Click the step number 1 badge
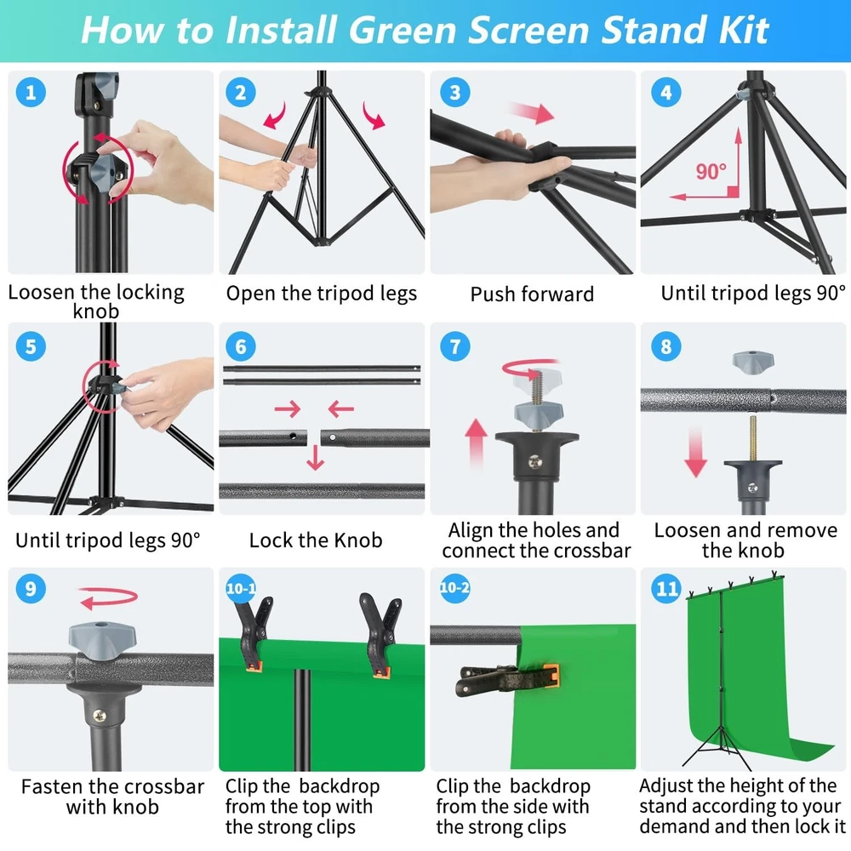point(31,92)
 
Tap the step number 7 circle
point(454,346)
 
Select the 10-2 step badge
point(454,588)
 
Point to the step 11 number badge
point(666,589)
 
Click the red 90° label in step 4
point(711,172)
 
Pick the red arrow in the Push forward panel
point(531,112)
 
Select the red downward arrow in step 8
point(695,452)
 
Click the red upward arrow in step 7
point(476,443)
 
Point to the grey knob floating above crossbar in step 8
point(753,362)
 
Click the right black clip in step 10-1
point(380,635)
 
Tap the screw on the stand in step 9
point(100,716)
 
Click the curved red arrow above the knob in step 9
point(109,597)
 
